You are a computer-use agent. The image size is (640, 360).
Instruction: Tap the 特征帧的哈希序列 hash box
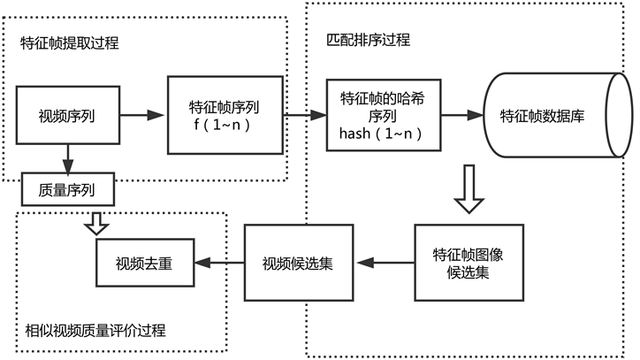point(382,116)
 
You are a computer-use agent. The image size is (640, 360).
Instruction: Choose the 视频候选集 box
point(298,263)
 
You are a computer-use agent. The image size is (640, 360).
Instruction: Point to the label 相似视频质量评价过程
point(95,331)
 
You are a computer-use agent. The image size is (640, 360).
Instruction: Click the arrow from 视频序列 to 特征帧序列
point(142,115)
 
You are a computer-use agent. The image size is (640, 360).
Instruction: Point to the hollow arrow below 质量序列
point(95,222)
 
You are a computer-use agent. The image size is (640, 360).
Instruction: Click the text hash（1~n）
point(380,133)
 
